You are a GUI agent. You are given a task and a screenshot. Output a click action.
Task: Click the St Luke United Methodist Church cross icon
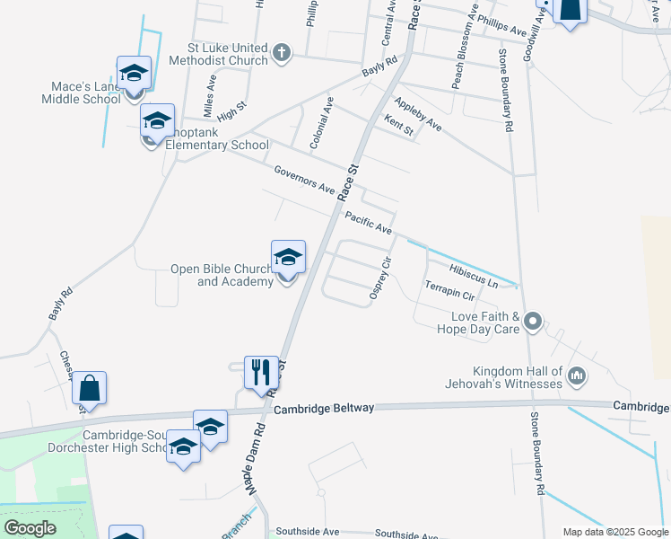[x=282, y=52]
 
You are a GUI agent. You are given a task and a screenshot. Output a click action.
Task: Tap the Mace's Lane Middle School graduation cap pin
[x=134, y=74]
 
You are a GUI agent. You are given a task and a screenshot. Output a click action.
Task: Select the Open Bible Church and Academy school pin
[x=288, y=258]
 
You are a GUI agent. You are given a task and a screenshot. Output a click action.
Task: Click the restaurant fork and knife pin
[x=261, y=371]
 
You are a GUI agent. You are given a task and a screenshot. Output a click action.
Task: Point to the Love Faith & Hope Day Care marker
[x=533, y=321]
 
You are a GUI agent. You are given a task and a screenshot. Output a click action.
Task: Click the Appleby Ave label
[x=417, y=113]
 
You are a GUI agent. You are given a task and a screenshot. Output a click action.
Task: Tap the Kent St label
[x=398, y=125]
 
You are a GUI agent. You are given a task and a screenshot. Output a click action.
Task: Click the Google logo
[x=30, y=528]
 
